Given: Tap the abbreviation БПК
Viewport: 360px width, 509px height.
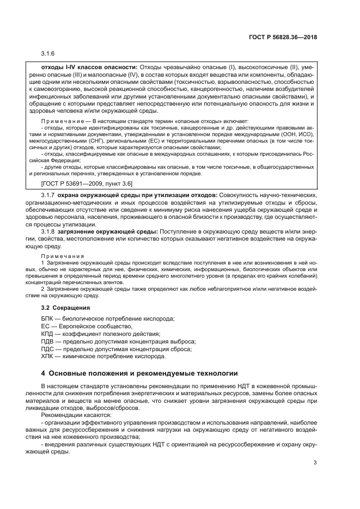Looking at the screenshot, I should click(48, 318).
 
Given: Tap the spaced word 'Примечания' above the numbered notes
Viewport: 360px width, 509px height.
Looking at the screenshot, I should click(63, 256).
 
